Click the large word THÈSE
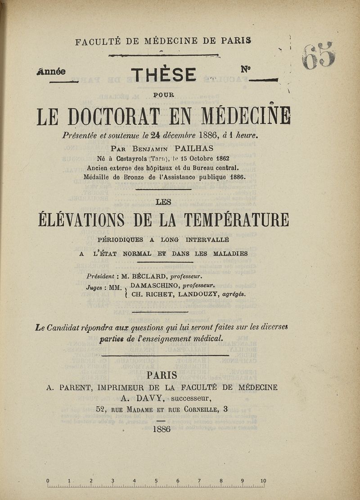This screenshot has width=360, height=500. [163, 74]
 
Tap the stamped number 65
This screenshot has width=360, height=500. [319, 56]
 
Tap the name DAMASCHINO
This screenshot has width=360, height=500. [152, 285]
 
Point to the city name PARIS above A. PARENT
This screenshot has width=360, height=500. [162, 375]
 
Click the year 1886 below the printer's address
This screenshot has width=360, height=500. [162, 429]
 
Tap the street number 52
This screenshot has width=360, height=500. [101, 409]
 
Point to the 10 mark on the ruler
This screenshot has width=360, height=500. [263, 481]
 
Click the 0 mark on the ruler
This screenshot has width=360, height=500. [48, 481]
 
